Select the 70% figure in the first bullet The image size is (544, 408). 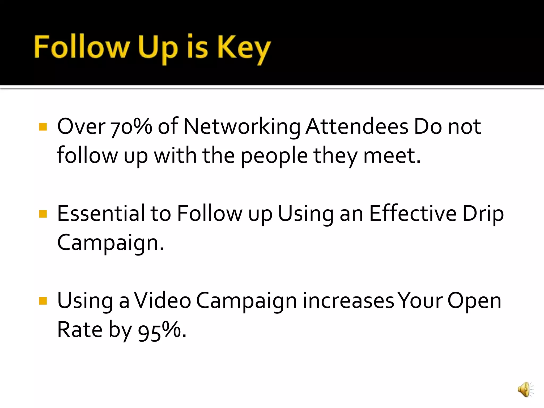click(x=131, y=127)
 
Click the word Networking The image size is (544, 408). click(x=242, y=127)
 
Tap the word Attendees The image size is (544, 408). click(x=357, y=126)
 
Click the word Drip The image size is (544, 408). click(x=483, y=214)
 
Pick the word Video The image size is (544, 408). click(x=162, y=301)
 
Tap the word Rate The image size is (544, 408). click(x=80, y=330)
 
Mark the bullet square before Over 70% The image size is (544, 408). click(x=43, y=127)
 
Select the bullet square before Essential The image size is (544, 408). click(x=43, y=214)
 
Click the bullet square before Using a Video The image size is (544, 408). click(x=43, y=301)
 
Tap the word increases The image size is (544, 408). click(x=348, y=301)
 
